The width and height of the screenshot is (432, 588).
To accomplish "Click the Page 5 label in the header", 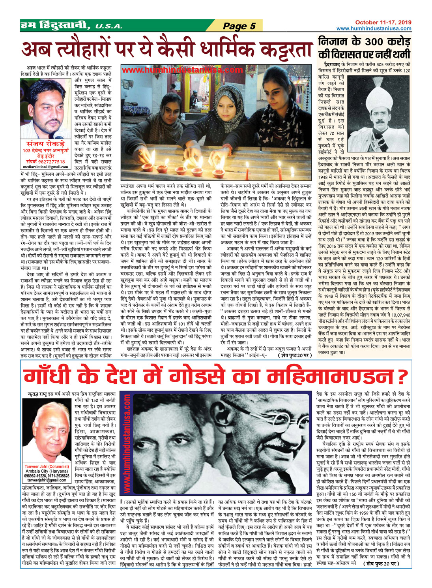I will [x=239, y=26].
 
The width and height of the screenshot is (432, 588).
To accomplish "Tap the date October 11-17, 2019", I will [x=383, y=23].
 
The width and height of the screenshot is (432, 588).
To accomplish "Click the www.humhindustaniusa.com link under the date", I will [x=374, y=28].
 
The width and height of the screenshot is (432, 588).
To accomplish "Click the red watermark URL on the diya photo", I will [x=183, y=70].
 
